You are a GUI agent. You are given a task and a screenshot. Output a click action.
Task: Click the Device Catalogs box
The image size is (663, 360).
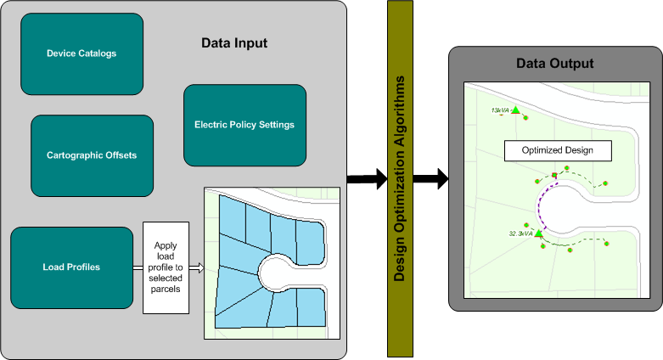coord(81,53)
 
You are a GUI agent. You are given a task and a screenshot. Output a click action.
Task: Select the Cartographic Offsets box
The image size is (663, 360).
coord(92,155)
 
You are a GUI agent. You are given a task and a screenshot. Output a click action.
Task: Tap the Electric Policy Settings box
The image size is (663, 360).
coord(244,125)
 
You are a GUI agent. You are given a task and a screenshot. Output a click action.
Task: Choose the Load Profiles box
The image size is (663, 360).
coord(71,267)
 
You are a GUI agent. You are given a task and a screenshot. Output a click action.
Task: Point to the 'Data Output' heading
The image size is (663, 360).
coord(554,64)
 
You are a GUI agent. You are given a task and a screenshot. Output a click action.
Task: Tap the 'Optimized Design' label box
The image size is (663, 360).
coord(557,150)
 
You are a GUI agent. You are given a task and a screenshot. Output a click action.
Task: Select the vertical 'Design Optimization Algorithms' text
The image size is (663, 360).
coord(399,178)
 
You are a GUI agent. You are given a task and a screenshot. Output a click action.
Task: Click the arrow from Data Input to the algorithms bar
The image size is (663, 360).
coord(366,177)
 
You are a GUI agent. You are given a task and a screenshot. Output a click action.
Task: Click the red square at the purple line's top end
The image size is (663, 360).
coord(554,176)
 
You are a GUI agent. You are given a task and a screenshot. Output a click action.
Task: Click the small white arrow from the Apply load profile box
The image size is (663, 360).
coord(196,267)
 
